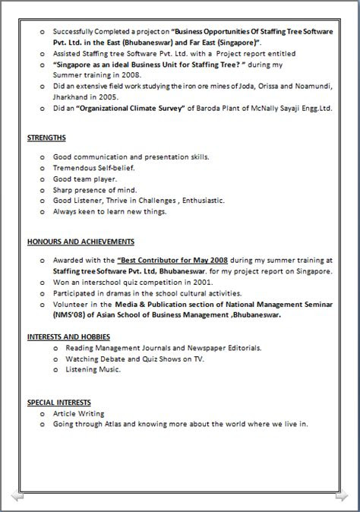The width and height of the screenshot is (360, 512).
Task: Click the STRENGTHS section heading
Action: [46, 138]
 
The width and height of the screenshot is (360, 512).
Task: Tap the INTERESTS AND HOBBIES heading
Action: [68, 336]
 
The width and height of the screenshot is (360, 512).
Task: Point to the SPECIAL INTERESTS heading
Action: [59, 402]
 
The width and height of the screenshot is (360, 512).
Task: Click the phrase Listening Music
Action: [93, 369]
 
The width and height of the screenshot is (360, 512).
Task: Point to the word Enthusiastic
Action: [200, 201]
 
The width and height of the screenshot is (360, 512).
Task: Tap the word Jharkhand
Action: [72, 98]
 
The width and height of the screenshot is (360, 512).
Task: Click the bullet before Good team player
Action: [43, 179]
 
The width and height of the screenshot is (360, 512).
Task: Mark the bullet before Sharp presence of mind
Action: [43, 190]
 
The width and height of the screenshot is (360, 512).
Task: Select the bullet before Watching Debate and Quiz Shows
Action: [56, 359]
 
